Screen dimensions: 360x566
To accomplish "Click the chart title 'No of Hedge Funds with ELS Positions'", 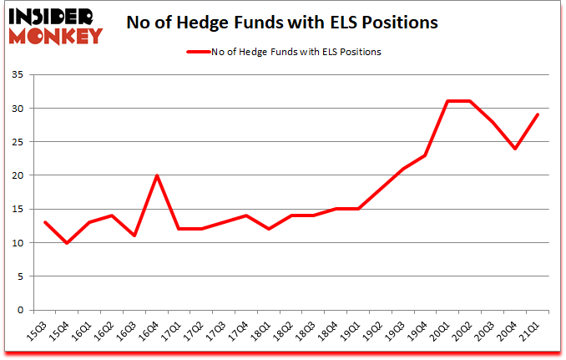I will [x=282, y=23].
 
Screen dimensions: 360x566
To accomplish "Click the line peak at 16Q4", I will [x=157, y=175].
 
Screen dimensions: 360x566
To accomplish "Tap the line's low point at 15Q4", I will [x=67, y=243].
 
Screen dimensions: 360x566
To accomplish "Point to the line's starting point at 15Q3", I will [x=44, y=222].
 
